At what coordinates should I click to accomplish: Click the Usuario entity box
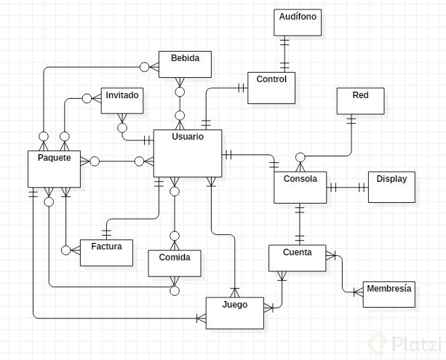tap(187, 153)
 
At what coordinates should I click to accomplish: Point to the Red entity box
tap(360, 102)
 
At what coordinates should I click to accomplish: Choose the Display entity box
tap(391, 187)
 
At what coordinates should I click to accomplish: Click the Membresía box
tap(388, 295)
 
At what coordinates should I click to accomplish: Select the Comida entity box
tap(173, 263)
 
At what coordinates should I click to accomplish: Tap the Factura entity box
tap(106, 252)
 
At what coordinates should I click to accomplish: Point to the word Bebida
tap(185, 57)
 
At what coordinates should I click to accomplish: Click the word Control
tap(272, 79)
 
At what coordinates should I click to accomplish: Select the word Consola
tap(300, 178)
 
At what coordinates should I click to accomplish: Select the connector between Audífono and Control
tap(282, 54)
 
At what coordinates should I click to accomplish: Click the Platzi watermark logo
tap(405, 342)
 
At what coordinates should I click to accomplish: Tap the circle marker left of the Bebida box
tap(144, 67)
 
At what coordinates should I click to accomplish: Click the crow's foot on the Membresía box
tap(357, 292)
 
